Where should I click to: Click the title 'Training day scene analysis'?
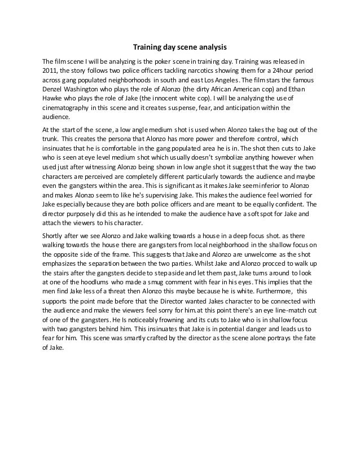click(x=179, y=47)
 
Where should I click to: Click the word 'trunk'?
click(x=51, y=139)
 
